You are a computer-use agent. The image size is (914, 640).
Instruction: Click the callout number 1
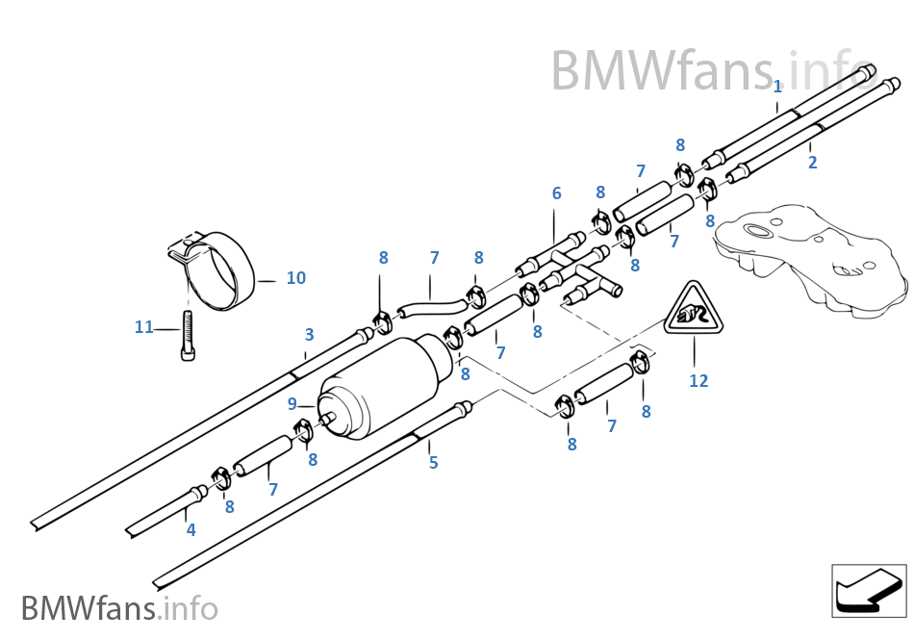coord(777,87)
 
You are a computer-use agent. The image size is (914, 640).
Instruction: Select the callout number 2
coord(812,163)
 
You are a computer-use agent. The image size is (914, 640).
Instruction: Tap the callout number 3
coord(309,335)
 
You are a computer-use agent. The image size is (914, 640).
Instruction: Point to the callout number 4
coord(190,529)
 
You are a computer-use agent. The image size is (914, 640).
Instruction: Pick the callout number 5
coord(433,463)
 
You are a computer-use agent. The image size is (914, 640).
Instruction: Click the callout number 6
coord(556,193)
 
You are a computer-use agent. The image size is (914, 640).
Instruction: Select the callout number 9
coord(292,404)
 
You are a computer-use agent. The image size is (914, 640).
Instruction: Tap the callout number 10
coord(295,278)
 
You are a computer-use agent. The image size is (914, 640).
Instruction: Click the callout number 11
coord(143,327)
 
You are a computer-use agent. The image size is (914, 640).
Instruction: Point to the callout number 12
coord(698,381)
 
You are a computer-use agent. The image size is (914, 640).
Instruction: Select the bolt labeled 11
coord(188,337)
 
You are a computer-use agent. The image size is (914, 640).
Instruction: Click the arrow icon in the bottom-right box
coord(867,590)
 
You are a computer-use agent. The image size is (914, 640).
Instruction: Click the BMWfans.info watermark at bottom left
coord(119,608)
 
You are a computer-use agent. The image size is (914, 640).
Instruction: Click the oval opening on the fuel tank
coord(760,231)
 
